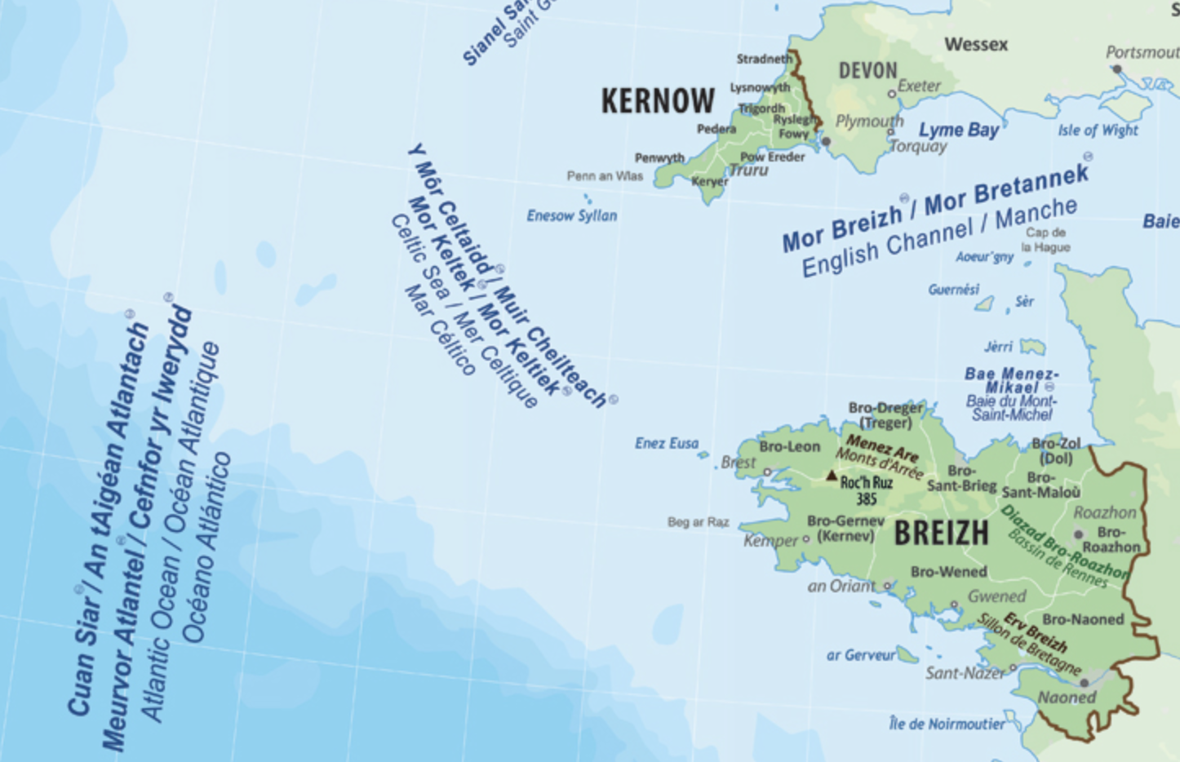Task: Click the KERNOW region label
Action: coord(658,101)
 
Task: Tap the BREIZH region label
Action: coord(941,534)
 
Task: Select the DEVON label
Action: coord(867,71)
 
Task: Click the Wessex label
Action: coord(976,44)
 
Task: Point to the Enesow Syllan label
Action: coord(571,216)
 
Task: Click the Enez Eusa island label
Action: coord(667,443)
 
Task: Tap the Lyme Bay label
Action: coord(959,130)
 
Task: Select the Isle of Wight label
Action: coord(1098,130)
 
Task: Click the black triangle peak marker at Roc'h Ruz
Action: coord(832,475)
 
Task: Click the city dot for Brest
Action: coord(767,472)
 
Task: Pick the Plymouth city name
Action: coord(869,122)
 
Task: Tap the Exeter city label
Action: coord(920,86)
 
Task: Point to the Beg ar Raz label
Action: coord(698,522)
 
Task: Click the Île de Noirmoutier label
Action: coord(947,724)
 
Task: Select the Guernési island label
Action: coord(953,290)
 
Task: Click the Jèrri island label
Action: coord(998,347)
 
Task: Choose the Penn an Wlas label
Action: coord(605,176)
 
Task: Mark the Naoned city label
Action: coord(1067,698)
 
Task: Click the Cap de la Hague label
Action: coord(1045,240)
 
